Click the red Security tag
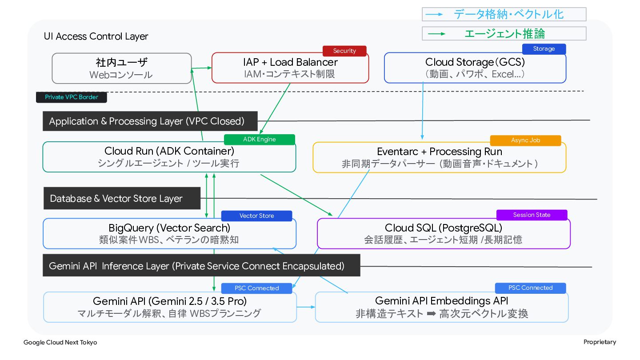tap(344, 51)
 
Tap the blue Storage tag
tap(544, 49)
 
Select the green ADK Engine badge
tap(260, 140)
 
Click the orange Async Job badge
tap(525, 140)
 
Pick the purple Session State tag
tap(532, 215)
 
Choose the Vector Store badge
tap(256, 216)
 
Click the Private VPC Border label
tap(72, 97)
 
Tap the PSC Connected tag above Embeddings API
tap(530, 288)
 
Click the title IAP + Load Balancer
tap(290, 62)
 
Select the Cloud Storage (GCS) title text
tap(475, 62)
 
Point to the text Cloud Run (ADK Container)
tap(169, 151)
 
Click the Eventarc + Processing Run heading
tap(440, 152)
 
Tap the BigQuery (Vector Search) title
tap(169, 228)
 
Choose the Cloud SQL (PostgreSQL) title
tap(444, 228)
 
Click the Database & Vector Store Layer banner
tap(122, 198)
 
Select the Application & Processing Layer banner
tap(150, 121)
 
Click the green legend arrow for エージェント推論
tap(436, 34)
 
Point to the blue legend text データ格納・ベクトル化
tap(508, 14)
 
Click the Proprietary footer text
tap(600, 342)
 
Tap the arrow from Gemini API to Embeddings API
tap(306, 307)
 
